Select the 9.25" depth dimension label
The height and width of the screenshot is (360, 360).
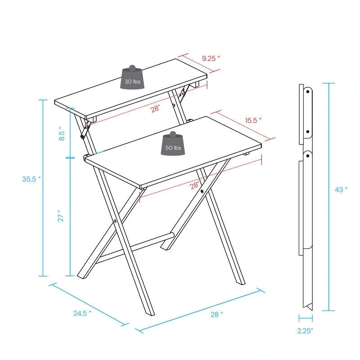pos(211,58)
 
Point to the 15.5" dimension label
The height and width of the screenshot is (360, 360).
pos(253,120)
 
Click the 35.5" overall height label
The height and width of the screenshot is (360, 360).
pos(31,179)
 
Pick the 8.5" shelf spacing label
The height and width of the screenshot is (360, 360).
pos(62,134)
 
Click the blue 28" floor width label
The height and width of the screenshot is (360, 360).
pos(216,315)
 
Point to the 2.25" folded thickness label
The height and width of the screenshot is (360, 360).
pos(306,331)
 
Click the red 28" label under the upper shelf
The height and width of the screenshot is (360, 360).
pos(155,109)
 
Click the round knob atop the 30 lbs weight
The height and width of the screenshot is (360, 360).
pos(133,68)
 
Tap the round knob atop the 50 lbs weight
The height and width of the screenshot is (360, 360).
pos(173,135)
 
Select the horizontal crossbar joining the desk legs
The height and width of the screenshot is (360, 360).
pos(135,247)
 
